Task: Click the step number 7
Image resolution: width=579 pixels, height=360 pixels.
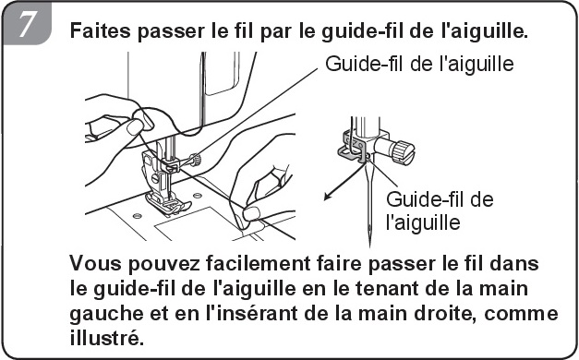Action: tap(26, 24)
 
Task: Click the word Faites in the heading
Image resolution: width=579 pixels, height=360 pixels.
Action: tap(100, 30)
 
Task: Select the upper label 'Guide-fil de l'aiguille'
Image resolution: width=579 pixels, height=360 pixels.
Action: tap(419, 64)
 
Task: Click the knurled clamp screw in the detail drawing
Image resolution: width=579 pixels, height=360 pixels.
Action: tap(403, 150)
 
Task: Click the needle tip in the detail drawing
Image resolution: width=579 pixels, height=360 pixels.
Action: tap(369, 246)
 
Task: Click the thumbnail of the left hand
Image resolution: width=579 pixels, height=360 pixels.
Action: tap(135, 127)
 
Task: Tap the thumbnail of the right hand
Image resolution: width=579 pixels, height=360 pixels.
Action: tap(252, 213)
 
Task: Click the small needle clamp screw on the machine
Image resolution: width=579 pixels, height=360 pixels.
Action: tap(195, 160)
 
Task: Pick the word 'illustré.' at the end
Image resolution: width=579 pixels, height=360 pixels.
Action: tap(106, 337)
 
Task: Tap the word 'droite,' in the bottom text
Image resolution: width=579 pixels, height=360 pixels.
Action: tap(445, 313)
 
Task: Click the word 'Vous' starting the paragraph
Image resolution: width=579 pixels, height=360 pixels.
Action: tap(96, 263)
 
